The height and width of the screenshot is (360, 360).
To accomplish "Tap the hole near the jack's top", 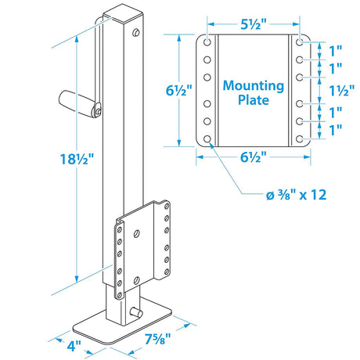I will point(138,33).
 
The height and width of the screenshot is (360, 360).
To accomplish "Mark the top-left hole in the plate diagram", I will point(207,42).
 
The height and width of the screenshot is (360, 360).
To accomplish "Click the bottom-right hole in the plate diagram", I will point(301,139).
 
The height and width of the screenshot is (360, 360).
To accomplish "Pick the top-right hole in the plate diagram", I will point(301,42).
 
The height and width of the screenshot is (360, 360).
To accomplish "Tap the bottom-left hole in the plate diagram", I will point(207,139).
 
